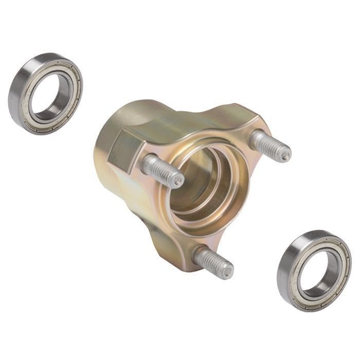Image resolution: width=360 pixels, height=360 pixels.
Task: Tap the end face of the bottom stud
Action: click(226, 272)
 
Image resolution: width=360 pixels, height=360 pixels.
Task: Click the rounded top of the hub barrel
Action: click(134, 111)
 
